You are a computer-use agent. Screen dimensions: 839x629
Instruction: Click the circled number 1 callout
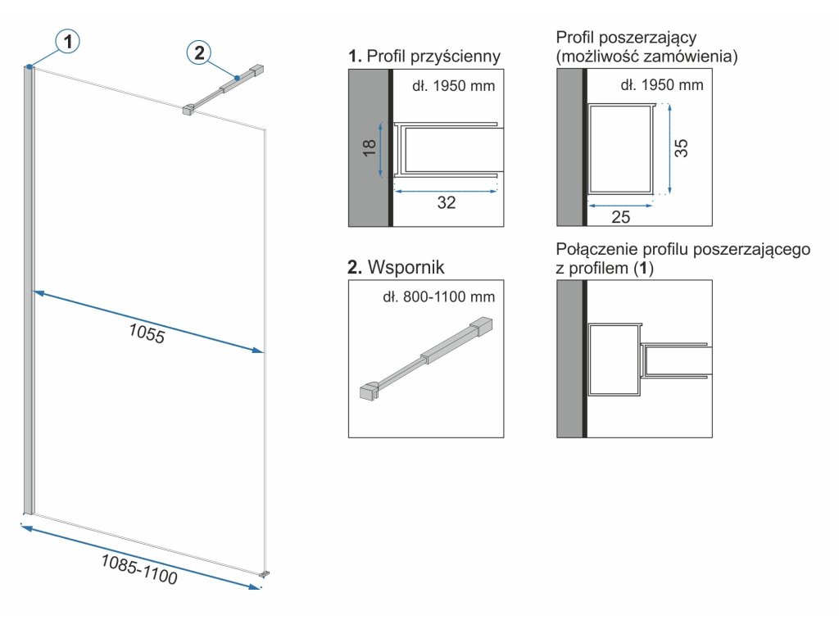(67, 41)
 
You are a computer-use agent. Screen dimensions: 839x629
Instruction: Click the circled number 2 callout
(199, 52)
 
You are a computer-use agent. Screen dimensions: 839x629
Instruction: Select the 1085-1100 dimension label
(139, 568)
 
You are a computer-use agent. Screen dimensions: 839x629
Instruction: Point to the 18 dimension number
(370, 147)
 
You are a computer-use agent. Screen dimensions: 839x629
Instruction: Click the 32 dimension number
(447, 202)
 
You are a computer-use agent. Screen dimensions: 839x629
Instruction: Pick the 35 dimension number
(681, 148)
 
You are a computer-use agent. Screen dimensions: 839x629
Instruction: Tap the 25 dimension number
(621, 216)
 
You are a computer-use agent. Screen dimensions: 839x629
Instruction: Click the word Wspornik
(406, 267)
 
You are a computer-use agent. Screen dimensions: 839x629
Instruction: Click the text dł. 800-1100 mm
(439, 296)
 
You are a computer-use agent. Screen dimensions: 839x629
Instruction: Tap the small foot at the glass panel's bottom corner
(264, 574)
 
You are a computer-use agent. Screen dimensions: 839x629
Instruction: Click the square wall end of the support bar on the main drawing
(258, 70)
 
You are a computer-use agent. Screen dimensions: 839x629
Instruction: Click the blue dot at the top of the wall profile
(29, 67)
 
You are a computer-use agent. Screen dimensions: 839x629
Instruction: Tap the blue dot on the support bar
(237, 78)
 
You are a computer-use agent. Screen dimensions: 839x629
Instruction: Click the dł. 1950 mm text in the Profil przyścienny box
(454, 85)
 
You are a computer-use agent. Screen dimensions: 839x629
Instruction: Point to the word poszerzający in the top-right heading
(647, 38)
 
